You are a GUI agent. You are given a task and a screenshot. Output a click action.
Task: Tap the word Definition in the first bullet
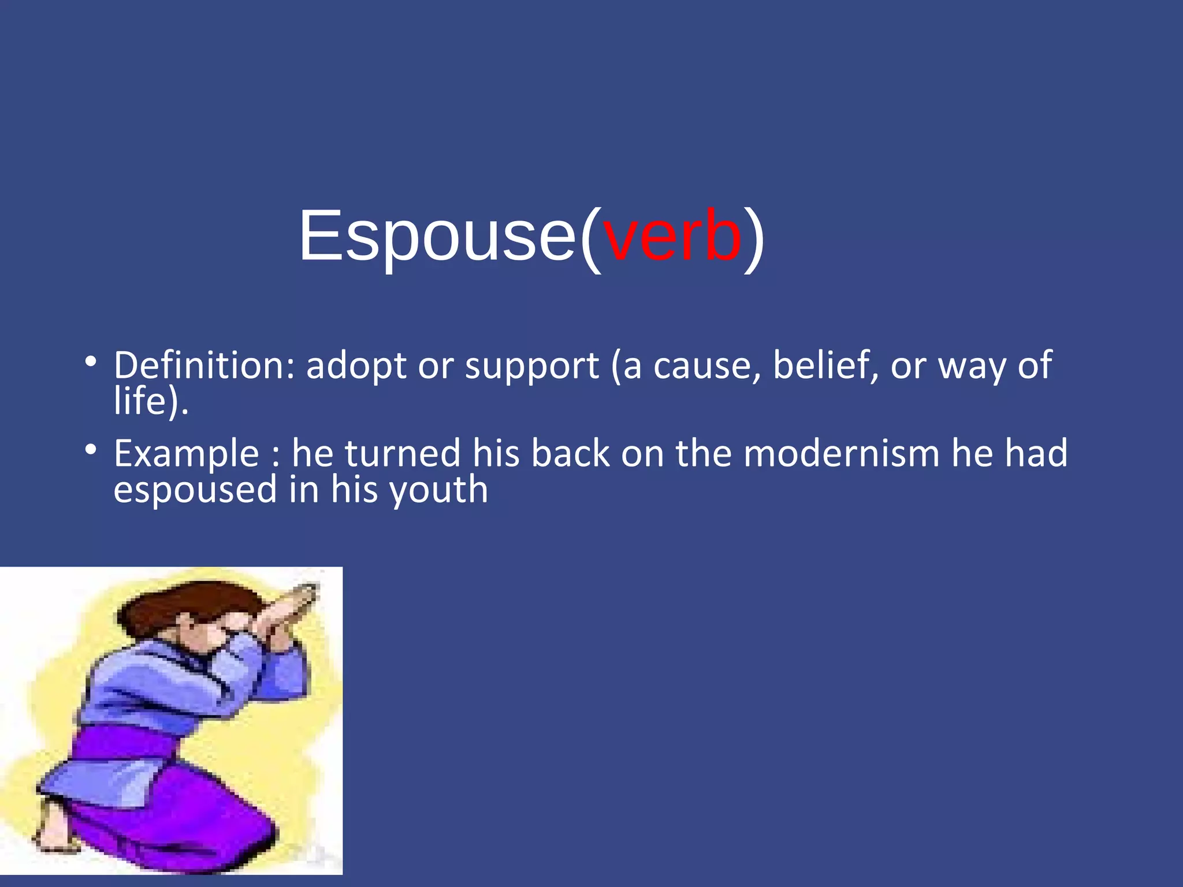204,366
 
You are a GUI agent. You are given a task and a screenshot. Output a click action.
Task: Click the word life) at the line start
150,401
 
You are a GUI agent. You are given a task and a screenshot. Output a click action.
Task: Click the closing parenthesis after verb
754,238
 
